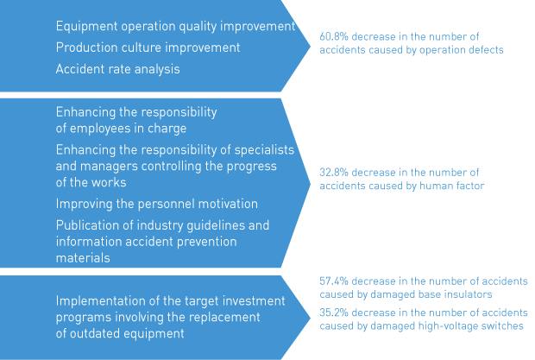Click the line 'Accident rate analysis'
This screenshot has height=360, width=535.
(117, 69)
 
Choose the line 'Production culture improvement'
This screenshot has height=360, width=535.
(148, 47)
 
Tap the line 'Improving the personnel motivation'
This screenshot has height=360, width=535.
(157, 204)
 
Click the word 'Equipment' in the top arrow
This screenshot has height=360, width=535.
(86, 27)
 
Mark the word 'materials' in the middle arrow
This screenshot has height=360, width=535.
(83, 258)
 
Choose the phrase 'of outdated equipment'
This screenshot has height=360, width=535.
(120, 333)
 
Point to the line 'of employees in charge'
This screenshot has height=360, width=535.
(121, 129)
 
